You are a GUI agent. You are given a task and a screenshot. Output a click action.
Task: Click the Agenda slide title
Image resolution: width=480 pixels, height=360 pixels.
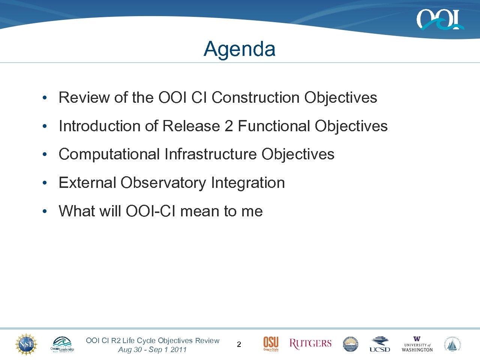240,49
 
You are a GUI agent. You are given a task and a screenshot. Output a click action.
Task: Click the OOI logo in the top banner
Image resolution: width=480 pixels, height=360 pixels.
439,19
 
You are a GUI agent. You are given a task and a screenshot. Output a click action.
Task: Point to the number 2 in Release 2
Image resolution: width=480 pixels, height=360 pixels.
228,126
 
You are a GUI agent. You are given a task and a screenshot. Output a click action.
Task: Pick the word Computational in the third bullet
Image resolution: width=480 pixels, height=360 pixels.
109,154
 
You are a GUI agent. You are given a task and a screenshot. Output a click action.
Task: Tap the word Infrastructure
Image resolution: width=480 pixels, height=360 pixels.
210,154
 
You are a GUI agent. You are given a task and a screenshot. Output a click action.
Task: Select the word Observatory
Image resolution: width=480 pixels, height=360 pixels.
163,183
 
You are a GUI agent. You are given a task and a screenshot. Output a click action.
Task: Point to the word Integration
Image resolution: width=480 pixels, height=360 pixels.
248,183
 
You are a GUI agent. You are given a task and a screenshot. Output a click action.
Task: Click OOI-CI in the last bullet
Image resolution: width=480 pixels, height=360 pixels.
151,211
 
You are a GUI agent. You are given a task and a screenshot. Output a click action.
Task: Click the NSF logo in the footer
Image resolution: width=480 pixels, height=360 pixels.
26,344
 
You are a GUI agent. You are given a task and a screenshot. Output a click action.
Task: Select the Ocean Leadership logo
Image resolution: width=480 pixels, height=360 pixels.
62,344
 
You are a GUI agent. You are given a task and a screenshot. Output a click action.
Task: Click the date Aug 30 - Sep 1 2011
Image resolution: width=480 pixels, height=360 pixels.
152,349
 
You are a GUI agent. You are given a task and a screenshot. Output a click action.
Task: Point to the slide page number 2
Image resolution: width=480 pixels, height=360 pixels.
239,345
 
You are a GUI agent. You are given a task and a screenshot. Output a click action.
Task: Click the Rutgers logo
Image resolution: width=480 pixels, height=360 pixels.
310,344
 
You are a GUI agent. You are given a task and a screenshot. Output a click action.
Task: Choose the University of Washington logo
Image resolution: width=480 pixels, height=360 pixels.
417,344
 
